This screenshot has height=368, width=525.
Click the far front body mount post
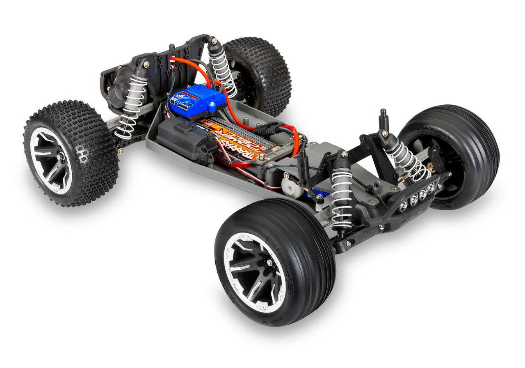(384, 119)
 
